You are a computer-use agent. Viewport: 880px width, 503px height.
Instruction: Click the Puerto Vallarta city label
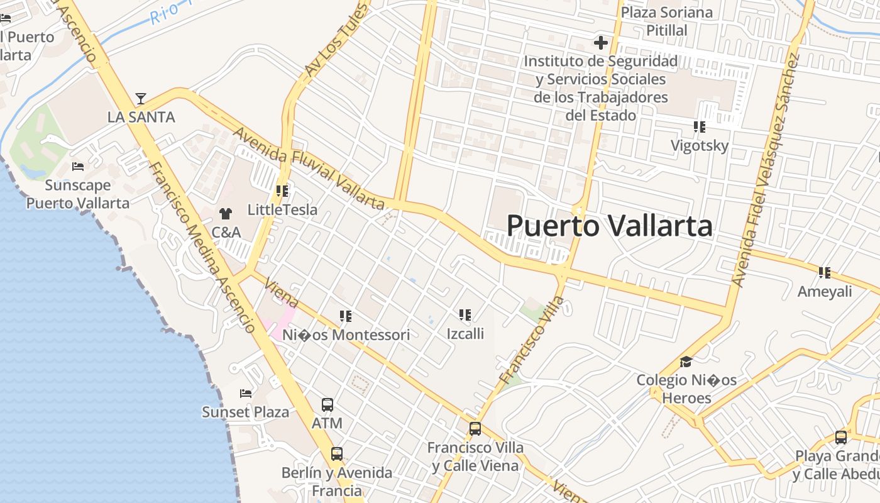pos(609,226)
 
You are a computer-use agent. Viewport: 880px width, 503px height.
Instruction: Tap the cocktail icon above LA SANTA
pos(141,99)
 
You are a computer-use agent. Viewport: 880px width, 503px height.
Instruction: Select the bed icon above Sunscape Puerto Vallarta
pos(78,167)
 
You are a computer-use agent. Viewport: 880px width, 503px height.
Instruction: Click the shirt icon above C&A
pos(226,214)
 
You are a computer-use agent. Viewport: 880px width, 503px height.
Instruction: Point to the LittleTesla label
pos(282,209)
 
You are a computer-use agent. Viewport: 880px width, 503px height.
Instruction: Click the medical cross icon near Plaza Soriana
pos(600,43)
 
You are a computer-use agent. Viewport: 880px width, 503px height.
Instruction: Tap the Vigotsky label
pos(699,146)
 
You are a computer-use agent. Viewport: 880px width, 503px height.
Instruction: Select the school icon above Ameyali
pos(824,273)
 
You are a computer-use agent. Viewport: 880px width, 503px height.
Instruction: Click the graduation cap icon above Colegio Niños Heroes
pos(686,363)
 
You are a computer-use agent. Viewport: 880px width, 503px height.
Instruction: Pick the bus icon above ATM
pos(327,404)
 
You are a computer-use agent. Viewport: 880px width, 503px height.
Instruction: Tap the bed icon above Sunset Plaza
pos(246,394)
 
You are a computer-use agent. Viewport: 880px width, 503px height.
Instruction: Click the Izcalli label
pos(465,333)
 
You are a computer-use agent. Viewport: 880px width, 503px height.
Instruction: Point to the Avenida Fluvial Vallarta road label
pos(309,169)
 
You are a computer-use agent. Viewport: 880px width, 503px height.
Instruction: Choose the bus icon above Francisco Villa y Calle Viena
pos(475,429)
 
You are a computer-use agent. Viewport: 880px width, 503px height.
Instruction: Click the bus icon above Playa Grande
pos(841,438)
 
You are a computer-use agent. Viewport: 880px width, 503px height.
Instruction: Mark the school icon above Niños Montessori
pos(345,316)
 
